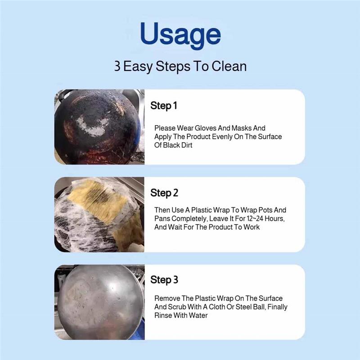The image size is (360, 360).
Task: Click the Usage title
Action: (180, 35)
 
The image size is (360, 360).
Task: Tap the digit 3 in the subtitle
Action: (117, 66)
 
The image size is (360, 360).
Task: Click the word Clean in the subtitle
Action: (229, 66)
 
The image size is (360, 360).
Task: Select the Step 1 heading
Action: (164, 106)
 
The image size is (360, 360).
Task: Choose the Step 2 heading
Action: (164, 193)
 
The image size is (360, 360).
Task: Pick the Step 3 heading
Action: (164, 279)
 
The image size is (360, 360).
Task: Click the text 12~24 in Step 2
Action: (255, 218)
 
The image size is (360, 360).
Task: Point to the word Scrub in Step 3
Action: (176, 307)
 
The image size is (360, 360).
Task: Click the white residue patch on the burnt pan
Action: (92, 126)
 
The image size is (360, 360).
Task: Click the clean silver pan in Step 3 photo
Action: (100, 302)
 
